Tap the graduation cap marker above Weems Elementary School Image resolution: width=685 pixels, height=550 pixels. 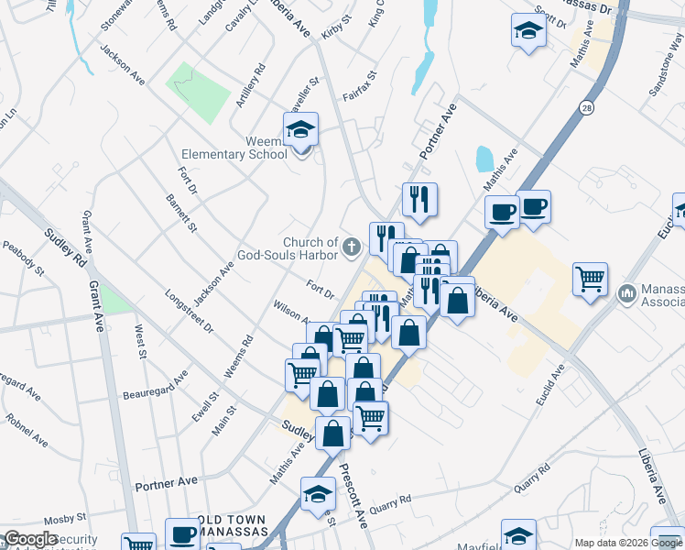coord(299,131)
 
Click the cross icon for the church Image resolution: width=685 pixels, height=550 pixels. coord(351,247)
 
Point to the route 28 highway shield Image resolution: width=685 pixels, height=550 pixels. coord(585,108)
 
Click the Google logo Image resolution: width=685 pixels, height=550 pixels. coord(30,540)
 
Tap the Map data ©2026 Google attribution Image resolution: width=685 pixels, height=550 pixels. coord(627,543)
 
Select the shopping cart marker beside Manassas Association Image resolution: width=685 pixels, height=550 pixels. coord(591,279)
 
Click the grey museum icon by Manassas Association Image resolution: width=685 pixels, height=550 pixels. coord(627,294)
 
